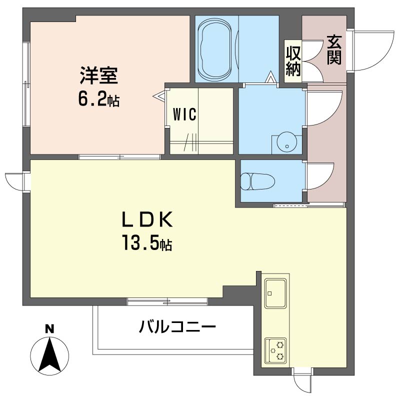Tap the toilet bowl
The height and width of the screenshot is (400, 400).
pos(257,181)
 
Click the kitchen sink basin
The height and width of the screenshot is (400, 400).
pos(275,293)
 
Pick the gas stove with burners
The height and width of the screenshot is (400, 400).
pos(275,350)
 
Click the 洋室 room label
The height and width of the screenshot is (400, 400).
pos(98,75)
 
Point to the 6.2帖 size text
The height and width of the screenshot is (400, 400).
pos(98,99)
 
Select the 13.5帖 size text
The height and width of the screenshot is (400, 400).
pos(147,242)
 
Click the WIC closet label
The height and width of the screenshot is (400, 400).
pos(184,114)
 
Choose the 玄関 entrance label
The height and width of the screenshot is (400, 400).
pos(334,50)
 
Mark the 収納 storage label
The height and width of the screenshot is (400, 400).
pos(293,61)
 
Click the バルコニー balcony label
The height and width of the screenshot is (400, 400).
pos(177,327)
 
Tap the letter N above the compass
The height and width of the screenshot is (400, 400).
pos(49,329)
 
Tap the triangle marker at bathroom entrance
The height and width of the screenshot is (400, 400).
pos(270,77)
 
